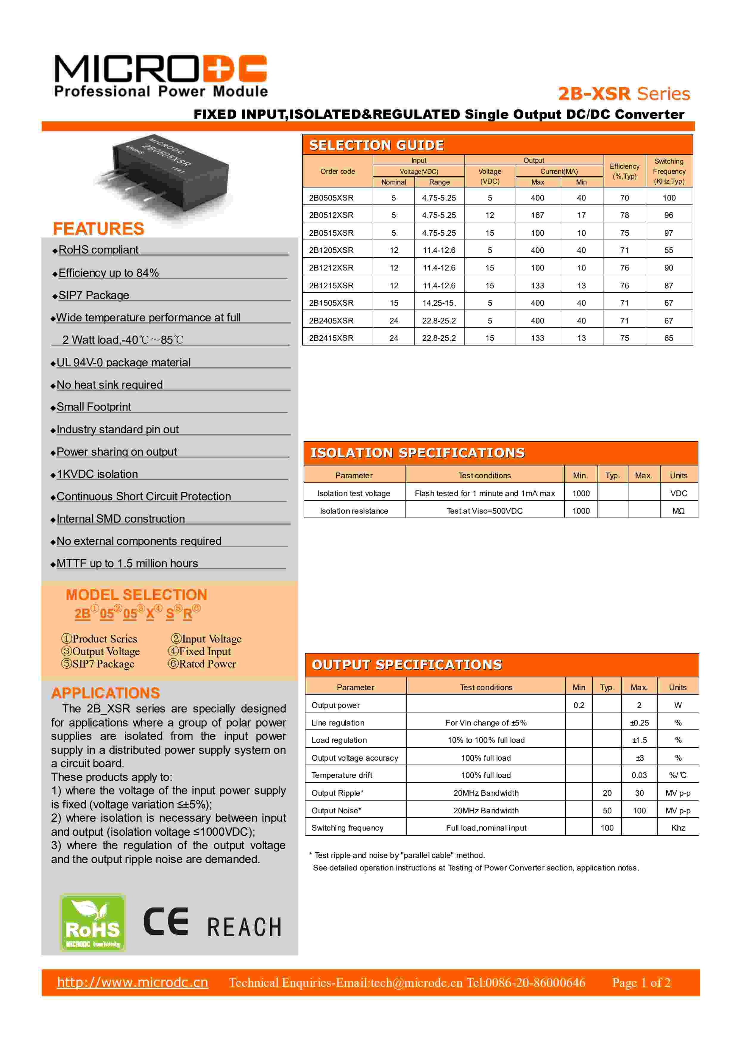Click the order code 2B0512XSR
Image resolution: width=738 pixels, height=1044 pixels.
[331, 215]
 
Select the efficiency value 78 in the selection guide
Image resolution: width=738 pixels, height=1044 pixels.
[624, 215]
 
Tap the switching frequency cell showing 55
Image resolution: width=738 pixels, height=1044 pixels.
[668, 250]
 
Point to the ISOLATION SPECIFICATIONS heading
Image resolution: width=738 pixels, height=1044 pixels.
[417, 453]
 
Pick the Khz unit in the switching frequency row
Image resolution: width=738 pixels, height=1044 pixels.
[678, 828]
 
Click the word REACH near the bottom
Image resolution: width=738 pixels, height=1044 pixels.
[245, 927]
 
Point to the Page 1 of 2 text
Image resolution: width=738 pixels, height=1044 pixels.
[641, 983]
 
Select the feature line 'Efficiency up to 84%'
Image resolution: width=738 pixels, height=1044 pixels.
[108, 273]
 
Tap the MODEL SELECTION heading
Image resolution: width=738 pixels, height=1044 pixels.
[136, 595]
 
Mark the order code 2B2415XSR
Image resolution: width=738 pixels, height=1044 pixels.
[331, 338]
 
